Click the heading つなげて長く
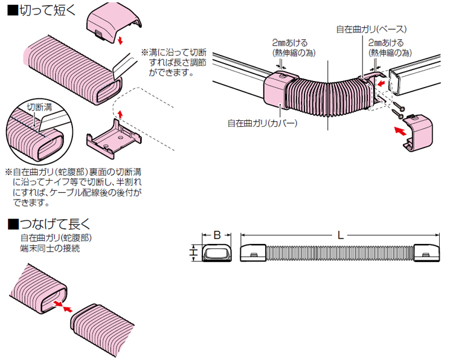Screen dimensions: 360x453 pos(48,223)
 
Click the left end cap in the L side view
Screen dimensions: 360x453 pos(254,252)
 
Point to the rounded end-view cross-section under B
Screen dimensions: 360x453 pos(216,253)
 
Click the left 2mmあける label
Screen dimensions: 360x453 pos(289,43)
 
